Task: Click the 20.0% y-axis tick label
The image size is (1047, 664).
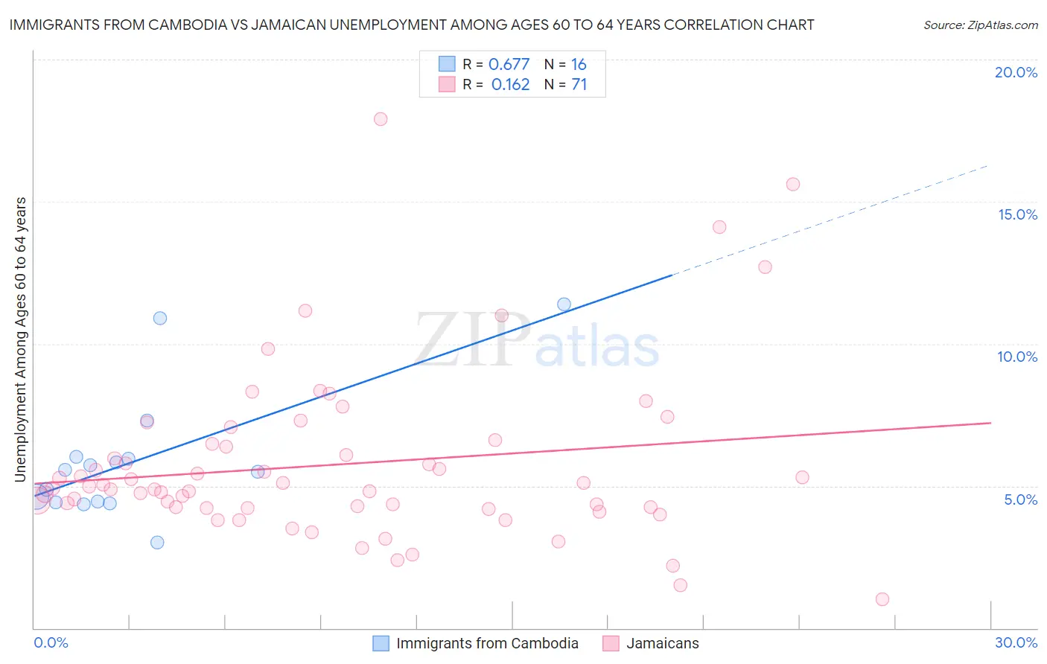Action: pyautogui.click(x=1016, y=72)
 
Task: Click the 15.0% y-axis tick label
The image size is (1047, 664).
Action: pyautogui.click(x=1017, y=214)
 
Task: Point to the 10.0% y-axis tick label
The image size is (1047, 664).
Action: pyautogui.click(x=1017, y=357)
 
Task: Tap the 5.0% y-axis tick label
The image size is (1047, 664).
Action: pyautogui.click(x=1020, y=499)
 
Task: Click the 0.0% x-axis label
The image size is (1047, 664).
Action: pyautogui.click(x=51, y=642)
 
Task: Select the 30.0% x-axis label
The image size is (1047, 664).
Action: pyautogui.click(x=1016, y=642)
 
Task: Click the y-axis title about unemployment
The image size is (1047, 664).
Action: pyautogui.click(x=21, y=339)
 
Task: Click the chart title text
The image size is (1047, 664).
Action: pyautogui.click(x=411, y=25)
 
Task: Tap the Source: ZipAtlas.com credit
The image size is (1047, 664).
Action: pyautogui.click(x=980, y=25)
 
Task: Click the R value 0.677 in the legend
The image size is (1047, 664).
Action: pyautogui.click(x=509, y=64)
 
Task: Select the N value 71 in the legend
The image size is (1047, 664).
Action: pyautogui.click(x=579, y=84)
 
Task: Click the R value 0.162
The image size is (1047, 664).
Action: pyautogui.click(x=510, y=84)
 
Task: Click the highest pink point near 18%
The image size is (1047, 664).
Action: pyautogui.click(x=381, y=119)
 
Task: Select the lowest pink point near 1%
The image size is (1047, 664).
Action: pyautogui.click(x=882, y=599)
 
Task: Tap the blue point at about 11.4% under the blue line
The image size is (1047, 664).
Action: pyautogui.click(x=564, y=304)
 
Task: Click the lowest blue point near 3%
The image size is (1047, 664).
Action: pyautogui.click(x=157, y=542)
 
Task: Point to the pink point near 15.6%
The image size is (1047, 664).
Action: pyautogui.click(x=793, y=184)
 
